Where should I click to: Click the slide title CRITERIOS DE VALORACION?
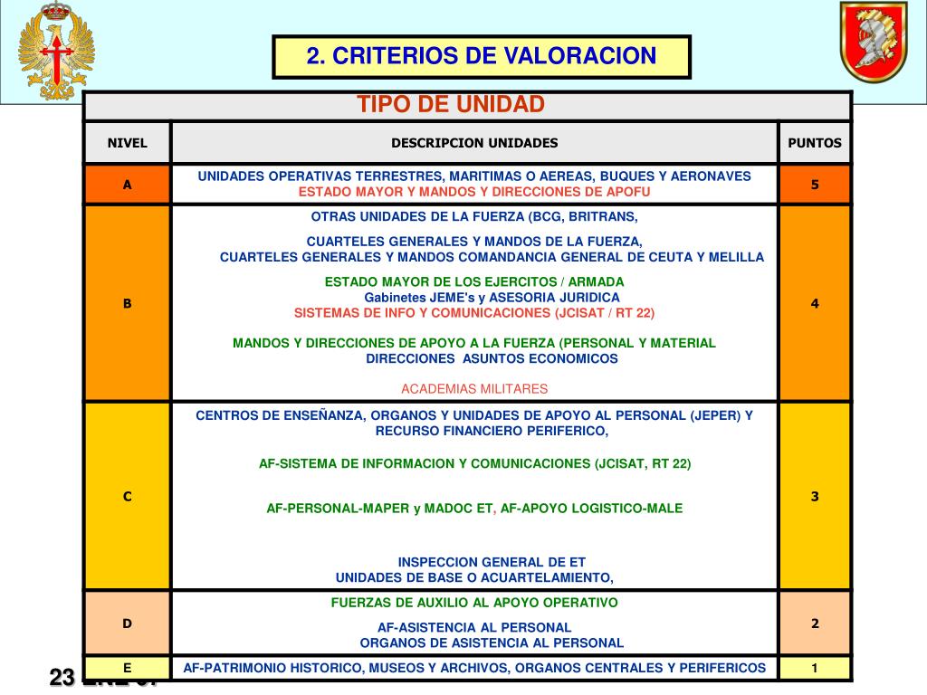[481, 56]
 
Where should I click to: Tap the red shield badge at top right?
[873, 42]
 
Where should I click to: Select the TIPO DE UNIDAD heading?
[451, 105]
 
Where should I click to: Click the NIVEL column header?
[127, 143]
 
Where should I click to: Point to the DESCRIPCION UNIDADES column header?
[474, 143]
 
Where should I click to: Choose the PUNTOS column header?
[815, 143]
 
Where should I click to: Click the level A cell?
[127, 185]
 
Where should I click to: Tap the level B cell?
[127, 303]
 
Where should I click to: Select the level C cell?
[127, 496]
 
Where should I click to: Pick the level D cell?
[127, 623]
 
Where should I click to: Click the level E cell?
[127, 668]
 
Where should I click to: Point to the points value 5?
[815, 185]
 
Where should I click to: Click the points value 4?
[815, 303]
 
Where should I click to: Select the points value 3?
[815, 496]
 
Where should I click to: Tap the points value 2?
[815, 623]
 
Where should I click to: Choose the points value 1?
[815, 668]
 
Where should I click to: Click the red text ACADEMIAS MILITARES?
[474, 389]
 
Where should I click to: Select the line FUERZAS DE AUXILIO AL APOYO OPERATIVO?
[474, 602]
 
